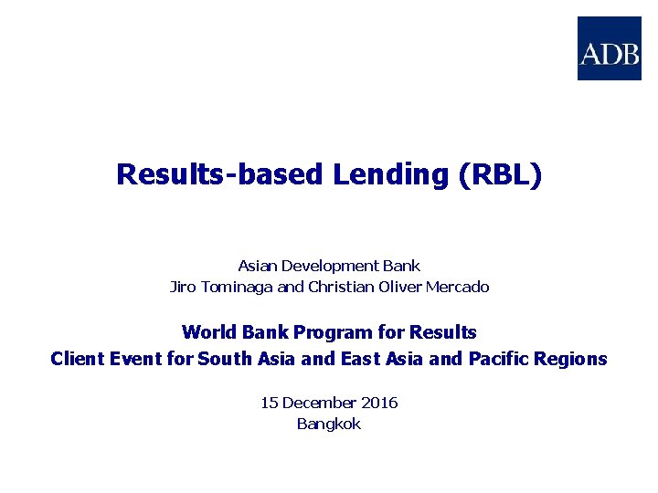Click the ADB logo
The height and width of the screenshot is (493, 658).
point(609,48)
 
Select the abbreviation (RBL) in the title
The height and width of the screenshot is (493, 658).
point(503,174)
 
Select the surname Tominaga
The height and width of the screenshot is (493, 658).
point(235,287)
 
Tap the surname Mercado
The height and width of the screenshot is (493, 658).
point(458,287)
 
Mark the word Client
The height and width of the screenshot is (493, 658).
point(77,359)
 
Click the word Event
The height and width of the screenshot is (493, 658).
point(136,359)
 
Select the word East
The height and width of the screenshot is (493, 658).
point(362,359)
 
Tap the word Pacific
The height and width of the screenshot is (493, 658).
point(501,359)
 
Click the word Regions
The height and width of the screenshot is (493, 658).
point(573,359)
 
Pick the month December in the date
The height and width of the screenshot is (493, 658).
point(319,403)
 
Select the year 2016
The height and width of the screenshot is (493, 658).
point(379,403)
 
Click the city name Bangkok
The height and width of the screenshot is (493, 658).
point(329,424)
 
